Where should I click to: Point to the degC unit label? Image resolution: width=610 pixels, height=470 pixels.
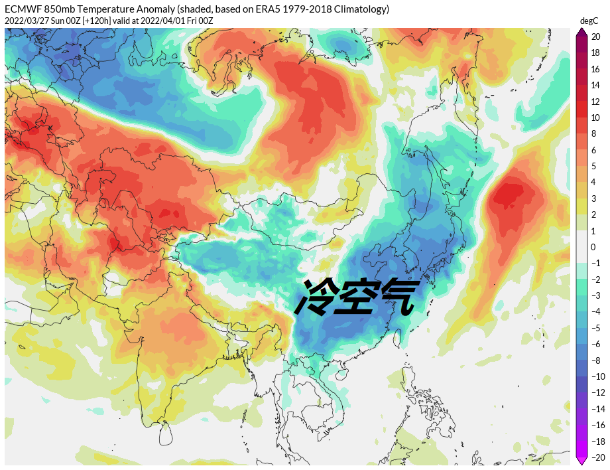pos(589,21)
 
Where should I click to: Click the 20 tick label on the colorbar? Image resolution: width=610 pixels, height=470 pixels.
pos(595,37)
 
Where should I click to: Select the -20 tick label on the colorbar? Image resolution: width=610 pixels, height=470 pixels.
pos(597,457)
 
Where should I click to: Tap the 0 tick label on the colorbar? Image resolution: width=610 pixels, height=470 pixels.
pos(593,248)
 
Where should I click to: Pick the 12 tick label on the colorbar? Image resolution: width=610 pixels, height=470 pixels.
pos(595,102)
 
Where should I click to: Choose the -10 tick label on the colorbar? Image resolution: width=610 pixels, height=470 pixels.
pos(597,376)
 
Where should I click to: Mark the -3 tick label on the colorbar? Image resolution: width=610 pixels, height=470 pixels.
pos(595,295)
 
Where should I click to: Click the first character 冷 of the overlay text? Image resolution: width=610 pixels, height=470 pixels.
pos(319,296)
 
